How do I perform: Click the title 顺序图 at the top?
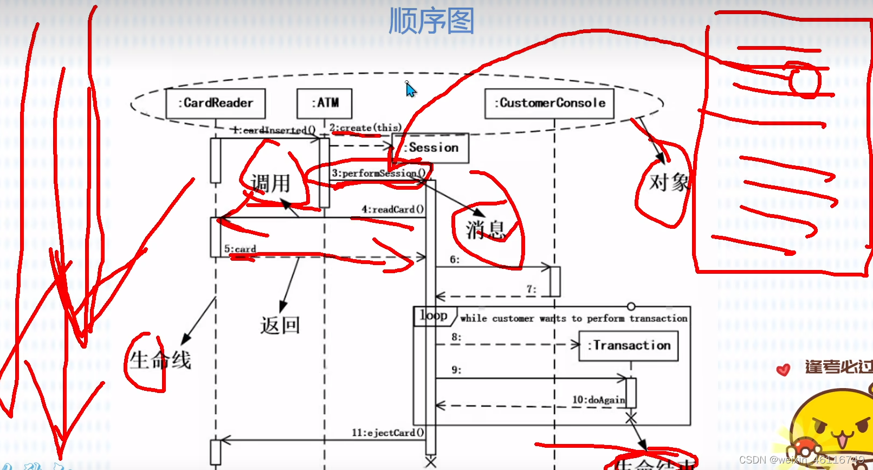click(x=431, y=21)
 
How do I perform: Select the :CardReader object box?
click(x=216, y=104)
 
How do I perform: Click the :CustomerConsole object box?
click(x=549, y=104)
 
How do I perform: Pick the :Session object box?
click(x=431, y=148)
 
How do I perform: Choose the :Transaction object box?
click(x=629, y=346)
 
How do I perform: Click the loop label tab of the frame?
click(x=434, y=316)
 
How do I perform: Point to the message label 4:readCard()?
click(x=392, y=209)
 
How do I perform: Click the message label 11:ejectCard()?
click(x=387, y=433)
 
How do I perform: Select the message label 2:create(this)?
click(x=365, y=128)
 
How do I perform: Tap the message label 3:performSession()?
click(x=378, y=173)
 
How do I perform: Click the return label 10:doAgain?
click(x=598, y=400)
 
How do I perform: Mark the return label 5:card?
click(x=240, y=249)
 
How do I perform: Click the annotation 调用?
click(x=270, y=183)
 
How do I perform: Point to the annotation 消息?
click(x=485, y=229)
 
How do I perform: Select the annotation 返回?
click(x=280, y=325)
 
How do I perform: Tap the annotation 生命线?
click(x=160, y=360)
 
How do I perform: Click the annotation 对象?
click(x=669, y=183)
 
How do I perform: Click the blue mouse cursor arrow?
click(x=411, y=89)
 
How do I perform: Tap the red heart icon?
click(x=783, y=370)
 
